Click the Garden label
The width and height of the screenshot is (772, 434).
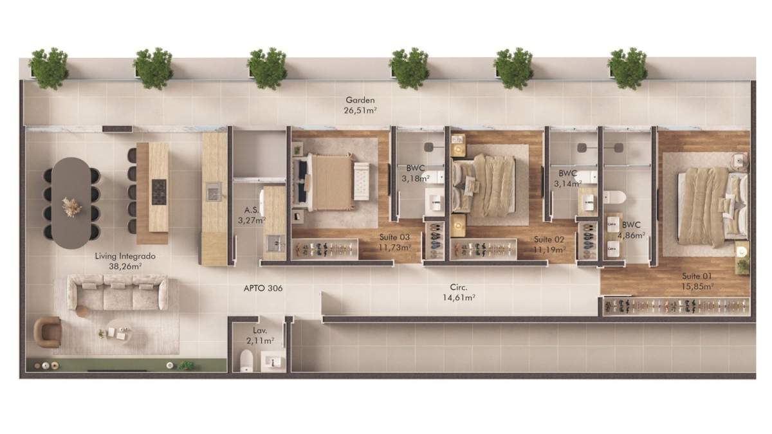360,100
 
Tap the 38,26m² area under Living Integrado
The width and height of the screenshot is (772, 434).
125,266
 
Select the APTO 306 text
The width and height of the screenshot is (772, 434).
263,288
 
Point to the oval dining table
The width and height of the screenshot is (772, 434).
71,203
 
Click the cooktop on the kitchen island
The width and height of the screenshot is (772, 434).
159,192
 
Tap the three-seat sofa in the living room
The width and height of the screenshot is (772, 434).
118,292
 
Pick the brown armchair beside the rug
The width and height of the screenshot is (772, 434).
48,332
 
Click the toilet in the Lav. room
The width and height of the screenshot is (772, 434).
246,361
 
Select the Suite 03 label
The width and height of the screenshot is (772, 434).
394,237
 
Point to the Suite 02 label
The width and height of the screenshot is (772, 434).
549,239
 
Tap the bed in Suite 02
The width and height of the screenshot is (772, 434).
483,185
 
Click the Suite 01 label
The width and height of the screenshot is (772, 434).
697,276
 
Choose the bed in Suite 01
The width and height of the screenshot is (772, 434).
712,207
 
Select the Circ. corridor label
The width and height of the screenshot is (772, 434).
459,287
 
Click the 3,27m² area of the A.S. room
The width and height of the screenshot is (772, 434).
252,221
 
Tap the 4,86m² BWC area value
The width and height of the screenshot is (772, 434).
631,235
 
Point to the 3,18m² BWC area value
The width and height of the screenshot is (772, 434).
416,179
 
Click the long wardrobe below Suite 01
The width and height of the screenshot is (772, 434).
676,306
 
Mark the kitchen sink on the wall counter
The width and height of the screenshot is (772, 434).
214,192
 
